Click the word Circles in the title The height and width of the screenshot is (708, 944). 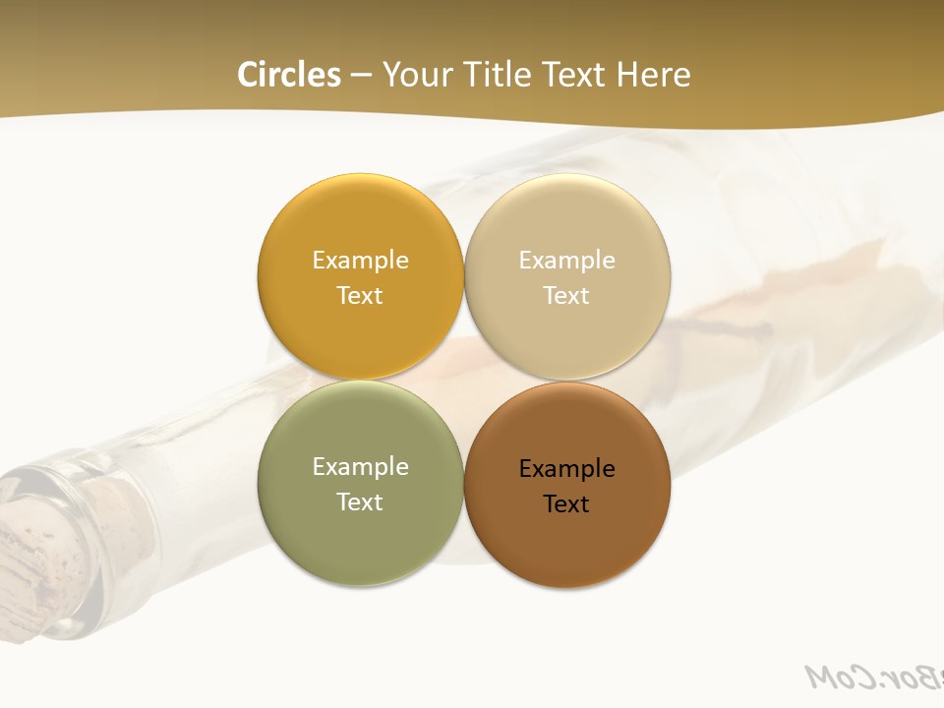[x=289, y=75]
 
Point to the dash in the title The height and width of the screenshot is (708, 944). [x=361, y=76]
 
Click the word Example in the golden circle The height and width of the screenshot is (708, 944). [x=360, y=260]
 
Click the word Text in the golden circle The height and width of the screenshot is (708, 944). [x=360, y=295]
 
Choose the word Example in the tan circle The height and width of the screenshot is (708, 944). [x=567, y=260]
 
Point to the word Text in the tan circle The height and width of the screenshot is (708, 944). [x=567, y=295]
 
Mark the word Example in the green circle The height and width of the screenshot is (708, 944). [x=360, y=466]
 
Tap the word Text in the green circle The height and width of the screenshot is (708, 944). [x=360, y=501]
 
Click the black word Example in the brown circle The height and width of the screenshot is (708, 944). [x=567, y=468]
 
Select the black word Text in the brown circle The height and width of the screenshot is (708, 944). [x=567, y=503]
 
